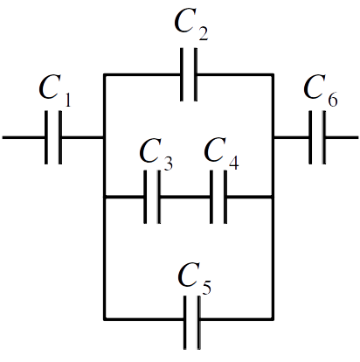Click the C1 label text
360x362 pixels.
tap(55, 91)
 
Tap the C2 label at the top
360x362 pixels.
tap(191, 24)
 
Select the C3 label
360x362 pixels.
tap(156, 154)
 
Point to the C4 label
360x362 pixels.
tap(221, 154)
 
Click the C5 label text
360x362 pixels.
tap(194, 278)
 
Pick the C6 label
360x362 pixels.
tap(321, 91)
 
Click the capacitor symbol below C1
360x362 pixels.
tap(53, 137)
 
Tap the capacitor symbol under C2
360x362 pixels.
tap(189, 74)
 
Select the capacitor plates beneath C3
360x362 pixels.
tap(152, 197)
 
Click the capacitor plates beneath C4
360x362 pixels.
tap(218, 197)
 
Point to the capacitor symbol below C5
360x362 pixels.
tap(192, 323)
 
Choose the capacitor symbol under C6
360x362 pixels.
tap(317, 137)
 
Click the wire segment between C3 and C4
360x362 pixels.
tap(185, 198)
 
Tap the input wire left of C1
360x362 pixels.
tap(24, 137)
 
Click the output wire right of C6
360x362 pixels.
tap(342, 137)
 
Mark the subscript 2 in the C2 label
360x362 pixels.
tap(203, 33)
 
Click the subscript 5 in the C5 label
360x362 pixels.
tap(206, 287)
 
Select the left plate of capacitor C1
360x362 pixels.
tap(46, 137)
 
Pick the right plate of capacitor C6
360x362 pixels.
tap(324, 137)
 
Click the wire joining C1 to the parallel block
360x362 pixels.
tap(83, 137)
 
